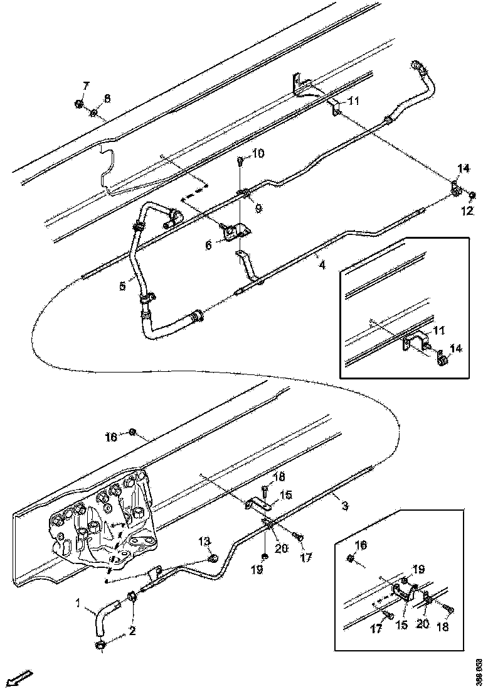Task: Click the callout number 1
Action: (x=78, y=604)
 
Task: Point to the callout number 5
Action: (x=124, y=286)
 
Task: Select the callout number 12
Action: (x=467, y=212)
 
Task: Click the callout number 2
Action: (x=132, y=631)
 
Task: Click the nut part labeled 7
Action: (x=80, y=104)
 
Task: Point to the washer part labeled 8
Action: (x=93, y=113)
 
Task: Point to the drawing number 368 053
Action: (x=479, y=670)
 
